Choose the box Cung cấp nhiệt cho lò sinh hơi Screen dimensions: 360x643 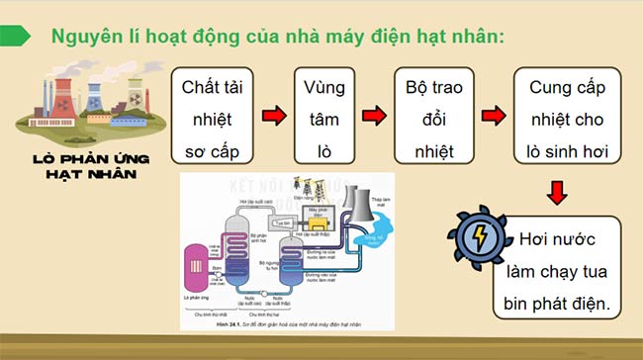point(568,118)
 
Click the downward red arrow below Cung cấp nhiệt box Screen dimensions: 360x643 point(559,189)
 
